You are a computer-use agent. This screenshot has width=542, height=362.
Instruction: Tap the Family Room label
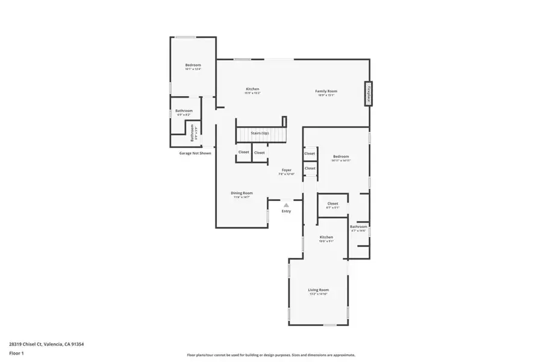click(x=326, y=91)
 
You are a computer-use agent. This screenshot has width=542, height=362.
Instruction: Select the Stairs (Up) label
click(x=260, y=133)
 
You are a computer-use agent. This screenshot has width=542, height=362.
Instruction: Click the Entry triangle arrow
click(x=286, y=205)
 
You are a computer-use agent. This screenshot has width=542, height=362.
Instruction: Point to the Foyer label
click(x=286, y=170)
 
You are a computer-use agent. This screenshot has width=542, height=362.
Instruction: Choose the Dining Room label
click(x=241, y=193)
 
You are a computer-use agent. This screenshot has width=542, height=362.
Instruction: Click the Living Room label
click(x=319, y=290)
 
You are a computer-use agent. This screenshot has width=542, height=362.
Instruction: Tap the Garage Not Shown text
click(x=195, y=153)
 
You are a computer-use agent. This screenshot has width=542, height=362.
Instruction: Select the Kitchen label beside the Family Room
click(x=252, y=89)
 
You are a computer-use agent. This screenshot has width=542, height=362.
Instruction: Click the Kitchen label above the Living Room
click(x=326, y=237)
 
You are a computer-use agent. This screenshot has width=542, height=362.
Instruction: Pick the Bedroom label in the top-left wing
click(x=193, y=65)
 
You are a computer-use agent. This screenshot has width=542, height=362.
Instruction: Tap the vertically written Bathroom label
click(x=193, y=132)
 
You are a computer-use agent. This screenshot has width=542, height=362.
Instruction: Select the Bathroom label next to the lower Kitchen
click(x=359, y=227)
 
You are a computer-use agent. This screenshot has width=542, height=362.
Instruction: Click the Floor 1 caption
click(x=16, y=352)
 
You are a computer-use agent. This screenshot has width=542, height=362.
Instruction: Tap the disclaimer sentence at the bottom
click(x=271, y=355)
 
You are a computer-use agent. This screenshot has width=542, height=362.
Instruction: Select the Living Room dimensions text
click(x=319, y=294)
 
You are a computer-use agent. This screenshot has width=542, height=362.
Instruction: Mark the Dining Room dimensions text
click(x=241, y=197)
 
